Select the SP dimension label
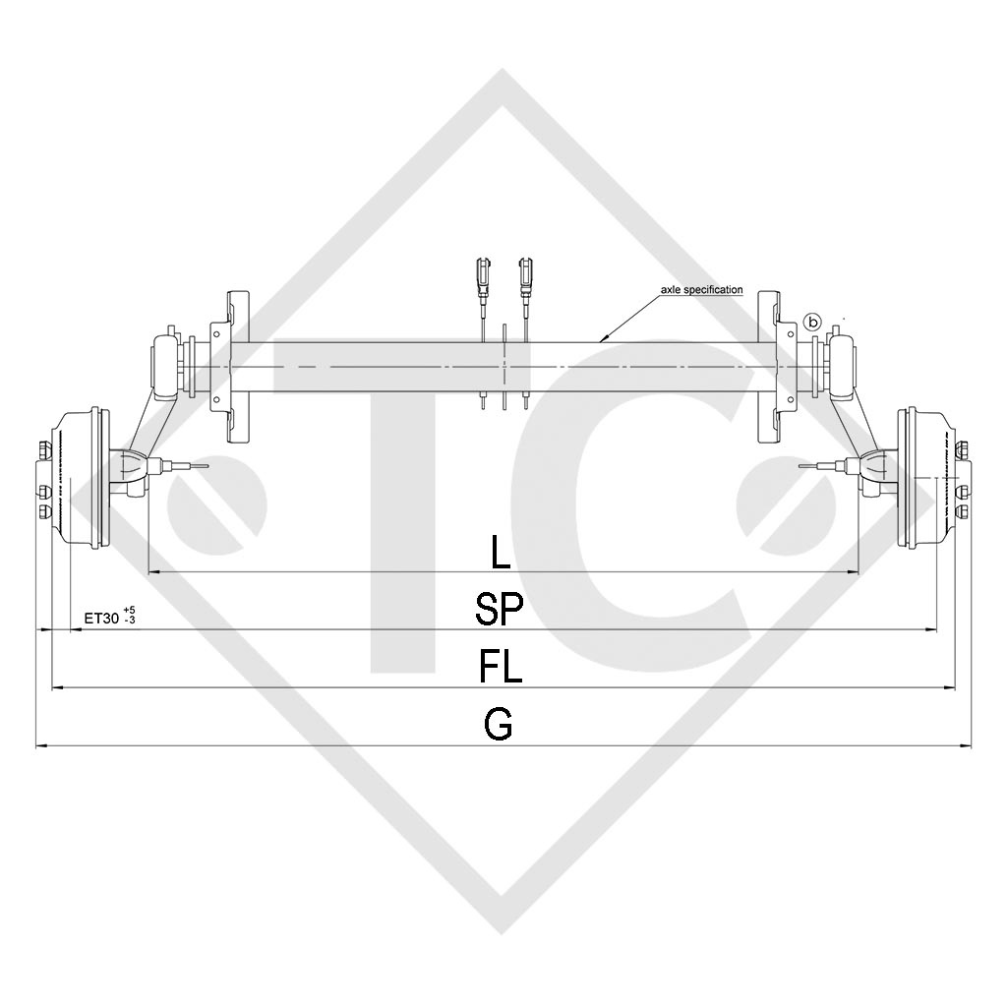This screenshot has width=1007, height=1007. tap(500, 610)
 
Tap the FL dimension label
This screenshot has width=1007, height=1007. tap(501, 669)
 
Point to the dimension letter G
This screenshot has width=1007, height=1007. tap(499, 726)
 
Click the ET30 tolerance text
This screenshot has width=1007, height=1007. tap(109, 618)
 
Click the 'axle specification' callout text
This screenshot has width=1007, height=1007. tap(701, 290)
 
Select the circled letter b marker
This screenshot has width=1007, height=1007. tap(812, 322)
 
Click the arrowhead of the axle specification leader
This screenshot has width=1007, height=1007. tap(603, 339)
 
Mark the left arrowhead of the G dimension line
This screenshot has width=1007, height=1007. tap(40, 745)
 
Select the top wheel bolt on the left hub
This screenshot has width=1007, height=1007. tap(42, 451)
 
